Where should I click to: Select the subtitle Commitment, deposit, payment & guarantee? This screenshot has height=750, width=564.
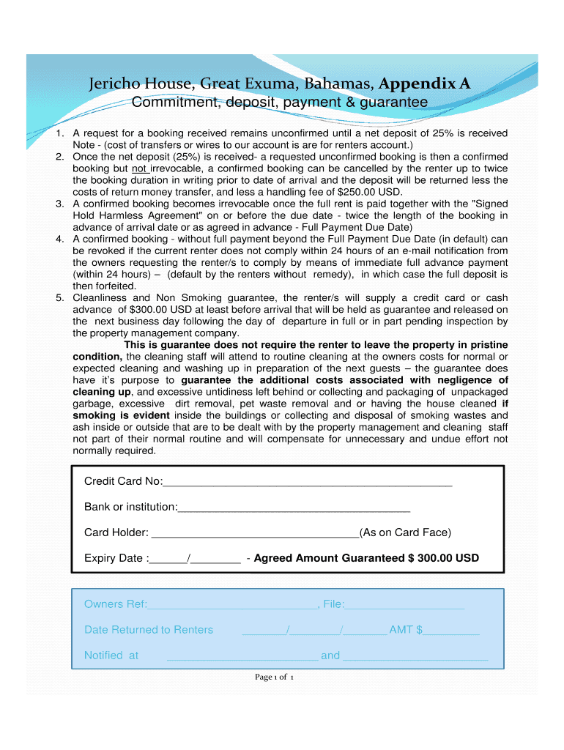click(x=279, y=103)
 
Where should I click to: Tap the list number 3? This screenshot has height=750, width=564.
click(x=60, y=204)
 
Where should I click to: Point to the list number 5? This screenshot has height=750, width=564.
click(x=60, y=297)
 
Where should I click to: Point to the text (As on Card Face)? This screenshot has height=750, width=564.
click(x=405, y=532)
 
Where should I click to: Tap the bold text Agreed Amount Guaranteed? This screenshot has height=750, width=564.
click(x=329, y=558)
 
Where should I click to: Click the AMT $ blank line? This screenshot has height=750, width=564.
click(x=451, y=633)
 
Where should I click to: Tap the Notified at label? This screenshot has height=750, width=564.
click(x=111, y=656)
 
